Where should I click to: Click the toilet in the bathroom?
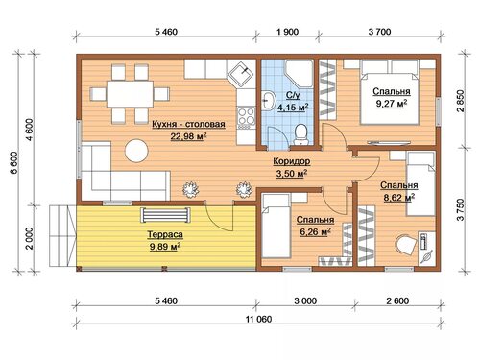click(300, 134)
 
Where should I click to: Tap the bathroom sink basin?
click(269, 101)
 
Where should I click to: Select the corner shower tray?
click(300, 74)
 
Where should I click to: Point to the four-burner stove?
click(247, 116)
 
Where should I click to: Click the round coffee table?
click(136, 151)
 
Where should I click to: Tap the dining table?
click(130, 94)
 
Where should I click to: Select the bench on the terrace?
click(165, 215)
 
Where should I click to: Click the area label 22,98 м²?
click(188, 136)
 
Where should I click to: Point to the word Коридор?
click(292, 161)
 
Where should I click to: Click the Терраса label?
click(165, 234)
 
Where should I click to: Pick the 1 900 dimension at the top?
click(288, 32)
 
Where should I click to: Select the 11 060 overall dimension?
click(258, 319)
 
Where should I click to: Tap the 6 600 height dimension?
click(14, 163)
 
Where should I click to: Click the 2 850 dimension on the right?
click(461, 101)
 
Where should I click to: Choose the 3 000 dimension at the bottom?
click(306, 300)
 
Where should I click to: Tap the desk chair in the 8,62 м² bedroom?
click(406, 245)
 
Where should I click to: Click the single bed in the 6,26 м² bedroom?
click(276, 226)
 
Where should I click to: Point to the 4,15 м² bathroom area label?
click(293, 108)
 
